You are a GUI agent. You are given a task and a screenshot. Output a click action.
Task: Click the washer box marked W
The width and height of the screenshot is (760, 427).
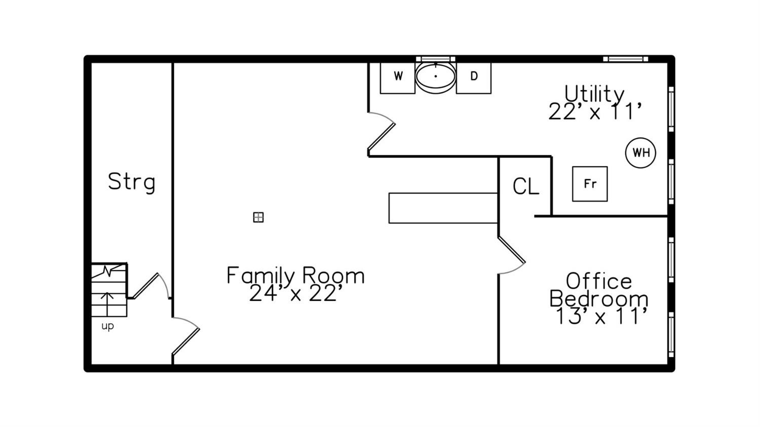coord(398,78)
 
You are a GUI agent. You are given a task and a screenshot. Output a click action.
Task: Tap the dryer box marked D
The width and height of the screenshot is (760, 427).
coord(474,78)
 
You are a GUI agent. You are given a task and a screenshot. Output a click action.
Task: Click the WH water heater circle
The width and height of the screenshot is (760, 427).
coord(640,152)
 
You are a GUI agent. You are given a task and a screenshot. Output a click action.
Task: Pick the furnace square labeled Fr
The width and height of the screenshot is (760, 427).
coord(590,184)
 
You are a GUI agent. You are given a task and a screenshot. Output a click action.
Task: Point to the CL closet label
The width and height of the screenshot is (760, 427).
coord(525,186)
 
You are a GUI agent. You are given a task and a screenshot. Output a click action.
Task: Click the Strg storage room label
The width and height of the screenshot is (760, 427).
coord(132,182)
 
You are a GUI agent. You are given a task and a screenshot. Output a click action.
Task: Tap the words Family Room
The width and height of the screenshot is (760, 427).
coord(295,275)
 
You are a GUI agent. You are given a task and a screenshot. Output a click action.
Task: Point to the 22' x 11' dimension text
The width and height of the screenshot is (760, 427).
coord(595,111)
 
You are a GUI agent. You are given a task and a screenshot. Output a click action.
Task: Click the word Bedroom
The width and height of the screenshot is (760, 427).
coord(599,299)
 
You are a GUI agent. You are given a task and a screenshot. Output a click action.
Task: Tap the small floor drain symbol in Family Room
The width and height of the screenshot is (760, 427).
coord(258,217)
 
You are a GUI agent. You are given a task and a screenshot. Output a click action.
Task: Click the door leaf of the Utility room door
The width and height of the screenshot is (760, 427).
coord(382,138)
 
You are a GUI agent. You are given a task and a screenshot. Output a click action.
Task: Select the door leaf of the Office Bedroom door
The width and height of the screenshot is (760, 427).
coord(512,250)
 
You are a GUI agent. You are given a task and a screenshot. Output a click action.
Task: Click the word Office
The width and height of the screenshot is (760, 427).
coord(599,281)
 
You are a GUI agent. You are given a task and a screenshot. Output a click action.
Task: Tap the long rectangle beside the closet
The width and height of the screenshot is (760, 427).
coord(443,208)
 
